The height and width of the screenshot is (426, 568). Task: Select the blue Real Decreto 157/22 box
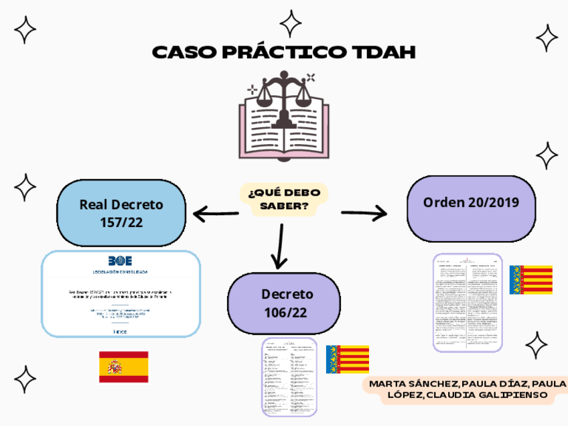[x=121, y=213]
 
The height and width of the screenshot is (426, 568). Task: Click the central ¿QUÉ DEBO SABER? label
[x=284, y=200]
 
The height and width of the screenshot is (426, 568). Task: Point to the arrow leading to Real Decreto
[x=216, y=214]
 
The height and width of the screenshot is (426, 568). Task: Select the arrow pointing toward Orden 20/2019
[x=364, y=214]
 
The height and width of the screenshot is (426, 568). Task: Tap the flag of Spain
[x=123, y=366]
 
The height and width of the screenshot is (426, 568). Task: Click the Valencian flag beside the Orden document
[x=530, y=280]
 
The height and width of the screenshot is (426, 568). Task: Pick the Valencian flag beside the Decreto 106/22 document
[x=347, y=360]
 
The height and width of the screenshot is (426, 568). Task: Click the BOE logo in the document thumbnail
[x=121, y=261]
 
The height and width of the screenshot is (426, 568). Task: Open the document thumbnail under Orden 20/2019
[x=468, y=303]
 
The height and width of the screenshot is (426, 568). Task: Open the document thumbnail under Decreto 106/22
[x=289, y=376]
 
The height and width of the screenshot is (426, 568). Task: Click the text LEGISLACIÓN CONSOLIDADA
[x=121, y=272]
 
